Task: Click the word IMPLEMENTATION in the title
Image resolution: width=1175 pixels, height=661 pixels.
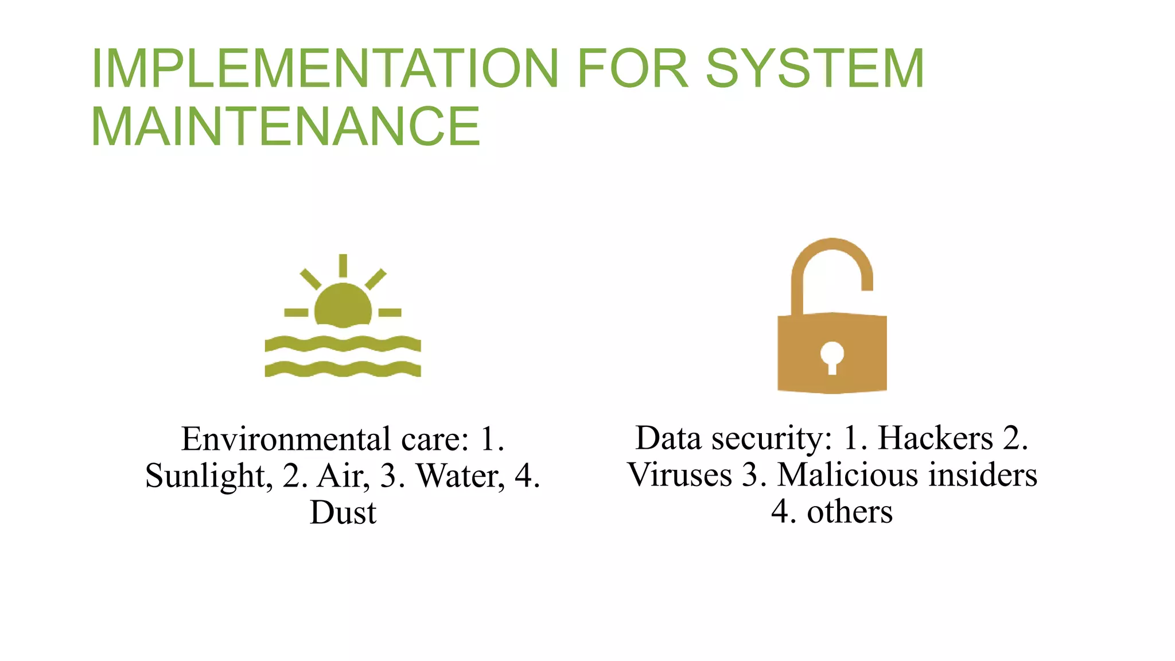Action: click(x=325, y=68)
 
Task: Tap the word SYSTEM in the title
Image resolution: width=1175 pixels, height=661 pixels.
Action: click(x=815, y=68)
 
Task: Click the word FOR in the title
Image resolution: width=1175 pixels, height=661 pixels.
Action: click(x=632, y=68)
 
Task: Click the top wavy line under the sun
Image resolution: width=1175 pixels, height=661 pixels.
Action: click(x=343, y=344)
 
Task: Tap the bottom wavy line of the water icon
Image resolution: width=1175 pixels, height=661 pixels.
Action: click(x=343, y=369)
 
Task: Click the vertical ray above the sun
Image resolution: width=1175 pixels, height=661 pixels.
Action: click(x=343, y=265)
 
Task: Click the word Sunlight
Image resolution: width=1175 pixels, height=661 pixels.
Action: click(x=205, y=476)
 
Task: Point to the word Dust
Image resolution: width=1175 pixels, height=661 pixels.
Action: click(x=343, y=512)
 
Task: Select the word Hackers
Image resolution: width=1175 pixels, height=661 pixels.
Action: click(x=935, y=438)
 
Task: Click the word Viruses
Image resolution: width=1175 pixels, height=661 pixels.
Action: click(x=680, y=475)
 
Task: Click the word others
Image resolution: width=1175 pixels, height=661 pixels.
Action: click(x=850, y=512)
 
